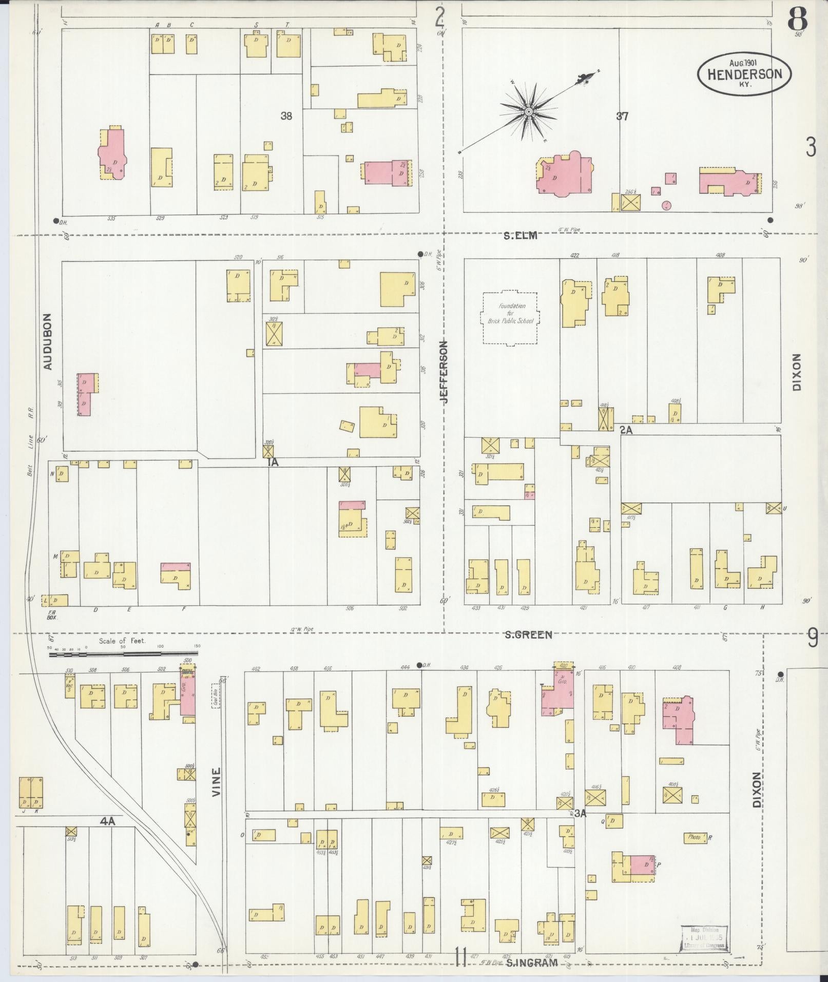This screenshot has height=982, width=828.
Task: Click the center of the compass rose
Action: [528, 111]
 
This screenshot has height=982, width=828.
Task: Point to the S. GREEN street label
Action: [528, 635]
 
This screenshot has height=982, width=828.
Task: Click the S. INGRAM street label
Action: [531, 963]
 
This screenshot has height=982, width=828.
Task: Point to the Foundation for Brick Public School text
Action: [512, 314]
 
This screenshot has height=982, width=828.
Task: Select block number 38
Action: [286, 117]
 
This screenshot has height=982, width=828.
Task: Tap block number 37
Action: [622, 117]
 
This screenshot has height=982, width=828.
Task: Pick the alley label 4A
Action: [107, 821]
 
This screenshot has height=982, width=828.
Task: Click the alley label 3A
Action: [580, 814]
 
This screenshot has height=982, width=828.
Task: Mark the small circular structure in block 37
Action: [666, 206]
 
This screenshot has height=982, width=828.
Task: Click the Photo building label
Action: [695, 837]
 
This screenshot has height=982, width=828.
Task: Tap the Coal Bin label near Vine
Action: [216, 696]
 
